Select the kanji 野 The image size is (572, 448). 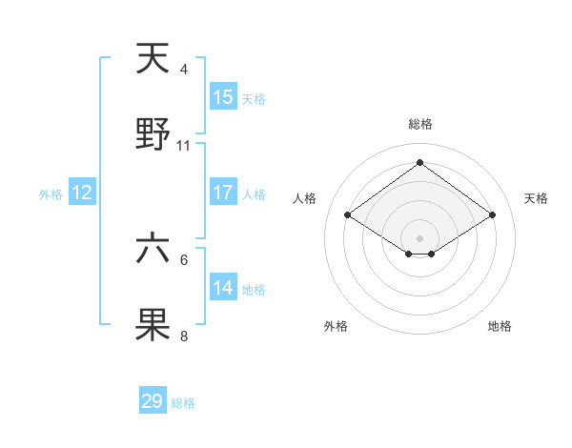[x=153, y=136]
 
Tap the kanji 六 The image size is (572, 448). [x=153, y=250]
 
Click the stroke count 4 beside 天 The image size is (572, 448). [x=184, y=70]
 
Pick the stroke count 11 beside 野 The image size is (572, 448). [x=184, y=146]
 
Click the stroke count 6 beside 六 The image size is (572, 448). [x=184, y=259]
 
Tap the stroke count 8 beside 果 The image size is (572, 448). [x=184, y=336]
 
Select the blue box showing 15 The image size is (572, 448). [x=223, y=97]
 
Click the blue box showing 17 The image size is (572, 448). [x=223, y=193]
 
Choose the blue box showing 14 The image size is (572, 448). [x=223, y=288]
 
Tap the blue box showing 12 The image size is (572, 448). [x=82, y=193]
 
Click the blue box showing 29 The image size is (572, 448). [x=153, y=401]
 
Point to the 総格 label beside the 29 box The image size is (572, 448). [x=183, y=403]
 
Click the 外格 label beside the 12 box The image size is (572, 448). [x=51, y=194]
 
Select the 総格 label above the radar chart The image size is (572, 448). [x=419, y=124]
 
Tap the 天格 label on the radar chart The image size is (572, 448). [x=536, y=198]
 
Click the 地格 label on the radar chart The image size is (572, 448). [x=500, y=326]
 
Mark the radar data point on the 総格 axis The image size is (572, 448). [x=419, y=161]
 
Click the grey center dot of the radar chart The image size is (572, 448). [x=419, y=237]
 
